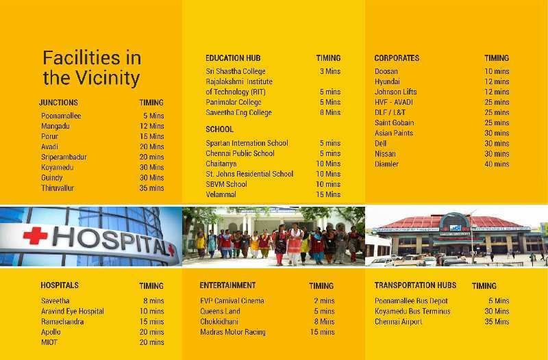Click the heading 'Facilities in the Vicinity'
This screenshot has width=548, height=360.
(x=92, y=68)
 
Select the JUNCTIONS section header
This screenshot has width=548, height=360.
(x=58, y=103)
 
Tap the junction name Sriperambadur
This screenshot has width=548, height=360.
(x=64, y=157)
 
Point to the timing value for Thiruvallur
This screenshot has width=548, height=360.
(x=151, y=188)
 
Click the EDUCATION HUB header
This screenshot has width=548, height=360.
(x=233, y=58)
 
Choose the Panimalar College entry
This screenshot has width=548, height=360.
(x=234, y=102)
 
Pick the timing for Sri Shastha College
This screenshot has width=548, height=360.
(x=330, y=71)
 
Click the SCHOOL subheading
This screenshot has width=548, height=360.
(x=219, y=129)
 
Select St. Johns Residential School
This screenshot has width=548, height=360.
(x=249, y=174)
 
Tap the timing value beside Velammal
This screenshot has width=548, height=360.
(x=328, y=194)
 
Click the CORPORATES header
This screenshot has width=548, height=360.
(x=397, y=58)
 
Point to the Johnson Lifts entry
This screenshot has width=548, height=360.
(x=396, y=92)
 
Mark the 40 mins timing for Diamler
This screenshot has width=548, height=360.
(x=497, y=164)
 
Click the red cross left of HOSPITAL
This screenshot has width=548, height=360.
(x=36, y=235)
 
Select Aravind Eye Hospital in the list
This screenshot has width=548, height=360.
(x=73, y=311)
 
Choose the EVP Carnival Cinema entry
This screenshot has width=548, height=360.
(x=232, y=300)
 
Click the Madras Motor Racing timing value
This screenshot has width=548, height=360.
(x=322, y=332)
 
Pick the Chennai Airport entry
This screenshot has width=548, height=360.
(x=399, y=322)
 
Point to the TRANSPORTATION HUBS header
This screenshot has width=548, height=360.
(x=415, y=285)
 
